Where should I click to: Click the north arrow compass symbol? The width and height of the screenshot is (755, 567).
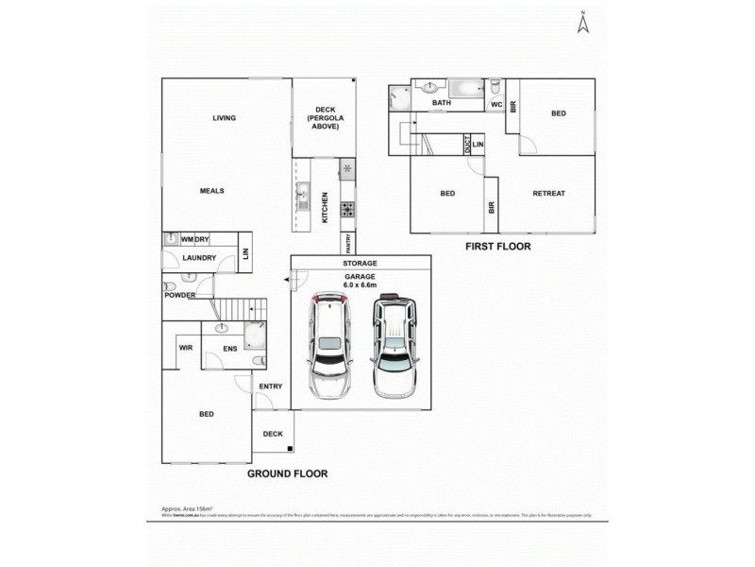582,23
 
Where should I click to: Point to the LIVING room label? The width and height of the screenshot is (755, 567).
224,118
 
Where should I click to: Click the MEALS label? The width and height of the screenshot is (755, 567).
211,190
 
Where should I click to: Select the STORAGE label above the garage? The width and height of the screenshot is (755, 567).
361,263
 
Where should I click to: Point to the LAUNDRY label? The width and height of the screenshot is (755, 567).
199,257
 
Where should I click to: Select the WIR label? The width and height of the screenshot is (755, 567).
185,348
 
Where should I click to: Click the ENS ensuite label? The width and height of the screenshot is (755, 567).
229,349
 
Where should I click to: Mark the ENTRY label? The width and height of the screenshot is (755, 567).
271,386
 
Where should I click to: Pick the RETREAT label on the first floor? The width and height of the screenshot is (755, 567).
548,194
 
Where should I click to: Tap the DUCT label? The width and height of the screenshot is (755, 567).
466,144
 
